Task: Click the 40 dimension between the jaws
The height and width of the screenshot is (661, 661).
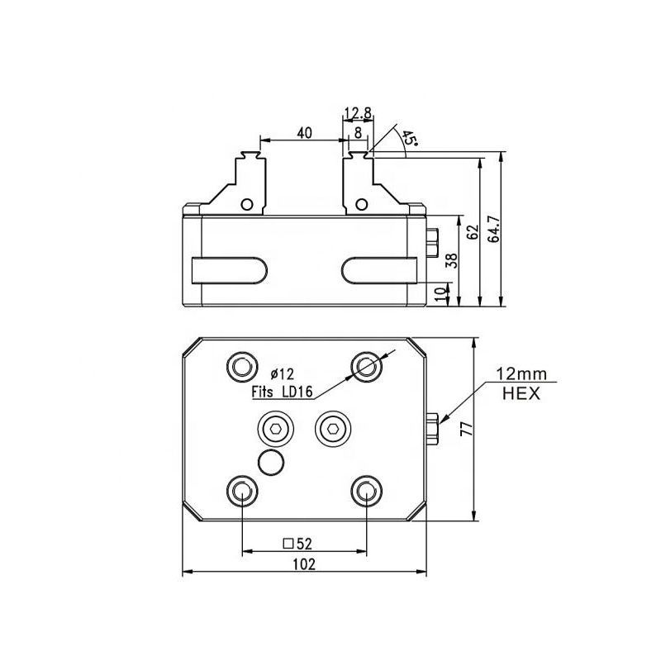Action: pyautogui.click(x=304, y=133)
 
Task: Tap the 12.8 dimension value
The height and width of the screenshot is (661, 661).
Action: pyautogui.click(x=358, y=113)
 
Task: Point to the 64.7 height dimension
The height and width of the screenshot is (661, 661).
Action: pyautogui.click(x=493, y=230)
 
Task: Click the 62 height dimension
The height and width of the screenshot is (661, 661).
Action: pyautogui.click(x=473, y=231)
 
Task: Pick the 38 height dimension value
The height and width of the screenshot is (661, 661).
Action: pyautogui.click(x=451, y=260)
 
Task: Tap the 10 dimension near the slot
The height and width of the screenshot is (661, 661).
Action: pyautogui.click(x=440, y=294)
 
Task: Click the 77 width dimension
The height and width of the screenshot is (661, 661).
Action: pyautogui.click(x=467, y=429)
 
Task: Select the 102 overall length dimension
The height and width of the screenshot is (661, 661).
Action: pyautogui.click(x=304, y=564)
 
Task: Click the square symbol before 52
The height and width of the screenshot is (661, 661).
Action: pyautogui.click(x=288, y=544)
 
